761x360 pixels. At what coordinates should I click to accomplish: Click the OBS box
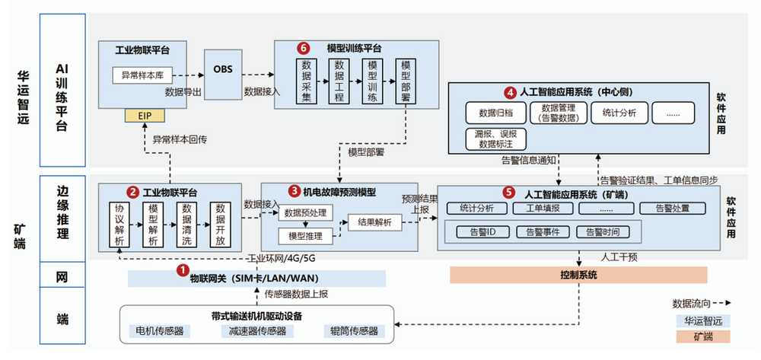(222, 70)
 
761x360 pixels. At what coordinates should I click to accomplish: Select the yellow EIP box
(145, 116)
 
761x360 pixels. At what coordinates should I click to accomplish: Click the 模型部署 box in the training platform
(406, 81)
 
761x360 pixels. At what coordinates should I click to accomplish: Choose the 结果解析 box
(374, 223)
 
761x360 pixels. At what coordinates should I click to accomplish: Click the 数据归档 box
(495, 113)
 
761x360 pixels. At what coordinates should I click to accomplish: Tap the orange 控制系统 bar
(578, 275)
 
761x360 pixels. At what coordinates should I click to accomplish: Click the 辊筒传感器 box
(352, 331)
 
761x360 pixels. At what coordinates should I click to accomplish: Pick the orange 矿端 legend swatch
(702, 336)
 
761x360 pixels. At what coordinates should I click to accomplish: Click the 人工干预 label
(619, 257)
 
